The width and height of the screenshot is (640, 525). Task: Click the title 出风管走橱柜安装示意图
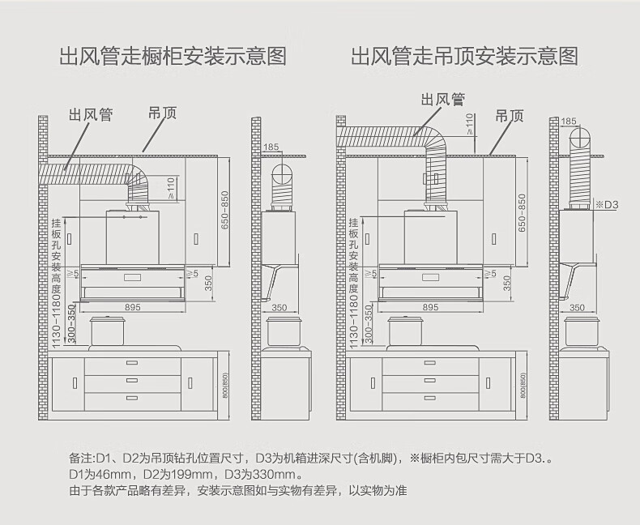point(173,57)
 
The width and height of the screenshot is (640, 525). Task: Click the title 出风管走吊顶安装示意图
point(464,57)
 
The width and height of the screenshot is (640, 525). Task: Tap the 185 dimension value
point(271,147)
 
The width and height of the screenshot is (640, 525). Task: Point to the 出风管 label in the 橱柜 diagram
point(90,116)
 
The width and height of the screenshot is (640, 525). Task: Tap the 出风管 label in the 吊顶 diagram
point(443,100)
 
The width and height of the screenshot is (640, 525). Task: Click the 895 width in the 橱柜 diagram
point(134,308)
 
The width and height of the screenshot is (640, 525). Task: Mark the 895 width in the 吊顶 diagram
point(431,308)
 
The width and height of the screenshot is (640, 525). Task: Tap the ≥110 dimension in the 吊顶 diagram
point(470,122)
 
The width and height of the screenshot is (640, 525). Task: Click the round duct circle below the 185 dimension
point(280,173)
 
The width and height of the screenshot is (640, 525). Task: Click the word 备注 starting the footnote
point(82,459)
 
